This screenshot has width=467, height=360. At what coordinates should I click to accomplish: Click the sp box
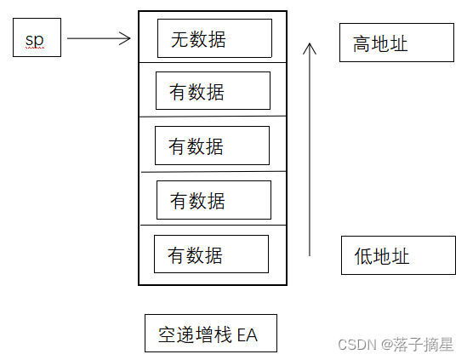click(x=37, y=39)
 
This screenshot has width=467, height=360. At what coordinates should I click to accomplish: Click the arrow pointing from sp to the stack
click(x=98, y=38)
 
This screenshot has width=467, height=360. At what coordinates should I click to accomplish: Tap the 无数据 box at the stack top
click(x=214, y=37)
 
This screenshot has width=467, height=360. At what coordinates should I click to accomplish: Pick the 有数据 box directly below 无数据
click(x=213, y=91)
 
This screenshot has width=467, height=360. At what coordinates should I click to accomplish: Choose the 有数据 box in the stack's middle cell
click(x=212, y=146)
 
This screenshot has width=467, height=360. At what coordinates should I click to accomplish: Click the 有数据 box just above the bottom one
click(x=214, y=200)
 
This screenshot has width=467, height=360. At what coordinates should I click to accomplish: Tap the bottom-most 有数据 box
click(x=211, y=254)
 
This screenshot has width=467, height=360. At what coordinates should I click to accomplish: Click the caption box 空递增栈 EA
click(x=210, y=334)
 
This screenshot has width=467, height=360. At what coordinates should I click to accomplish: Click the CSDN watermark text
click(x=357, y=344)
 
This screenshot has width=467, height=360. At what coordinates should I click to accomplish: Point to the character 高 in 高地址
click(x=362, y=43)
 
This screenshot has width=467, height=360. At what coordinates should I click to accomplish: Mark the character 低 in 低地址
click(x=364, y=255)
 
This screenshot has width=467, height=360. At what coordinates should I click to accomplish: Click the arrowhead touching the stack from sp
click(x=127, y=38)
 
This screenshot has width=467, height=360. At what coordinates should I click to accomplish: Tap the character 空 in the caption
click(x=168, y=334)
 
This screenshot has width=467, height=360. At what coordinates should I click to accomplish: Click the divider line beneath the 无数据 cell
click(x=213, y=62)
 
